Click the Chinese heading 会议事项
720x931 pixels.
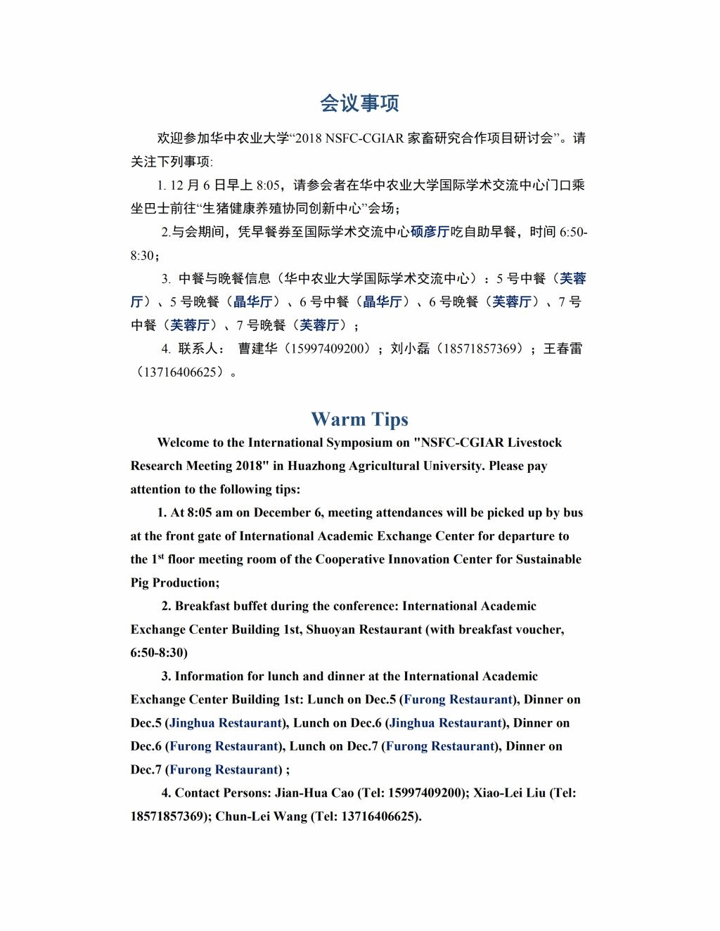coord(359,103)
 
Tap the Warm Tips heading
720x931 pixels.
coord(359,419)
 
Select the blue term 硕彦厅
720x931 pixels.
coord(430,232)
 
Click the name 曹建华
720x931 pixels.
coord(258,349)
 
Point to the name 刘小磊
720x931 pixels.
coord(410,349)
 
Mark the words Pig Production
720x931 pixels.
coord(174,582)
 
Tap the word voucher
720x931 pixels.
coord(537,630)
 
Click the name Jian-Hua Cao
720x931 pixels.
coord(314,793)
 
